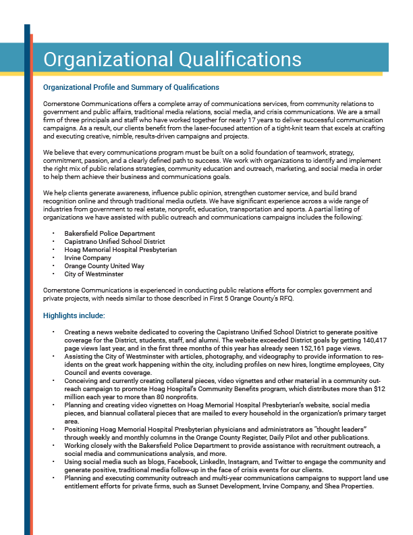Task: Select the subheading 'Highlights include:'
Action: (74, 315)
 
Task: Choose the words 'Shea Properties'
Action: (348, 486)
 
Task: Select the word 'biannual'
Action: (94, 413)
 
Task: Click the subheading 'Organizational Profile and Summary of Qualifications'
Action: (131, 87)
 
